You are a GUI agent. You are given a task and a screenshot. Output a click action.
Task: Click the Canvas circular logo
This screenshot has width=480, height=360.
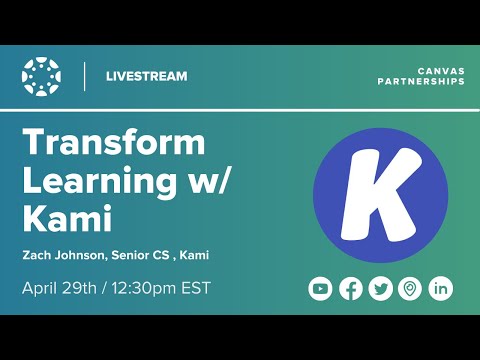click(42, 76)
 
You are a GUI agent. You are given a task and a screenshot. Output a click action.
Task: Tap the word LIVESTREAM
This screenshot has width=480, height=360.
click(146, 76)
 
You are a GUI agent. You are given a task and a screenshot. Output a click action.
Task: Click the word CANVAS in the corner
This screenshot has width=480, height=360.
click(439, 70)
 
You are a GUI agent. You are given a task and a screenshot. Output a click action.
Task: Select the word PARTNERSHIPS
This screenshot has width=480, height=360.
click(420, 82)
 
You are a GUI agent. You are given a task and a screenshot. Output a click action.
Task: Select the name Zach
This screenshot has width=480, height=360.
click(38, 255)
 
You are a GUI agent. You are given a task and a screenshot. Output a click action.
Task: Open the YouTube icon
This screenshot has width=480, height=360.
click(320, 289)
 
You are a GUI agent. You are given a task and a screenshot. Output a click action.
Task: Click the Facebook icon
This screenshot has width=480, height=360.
click(350, 289)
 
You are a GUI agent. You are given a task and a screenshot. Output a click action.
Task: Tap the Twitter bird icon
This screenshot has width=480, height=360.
click(380, 289)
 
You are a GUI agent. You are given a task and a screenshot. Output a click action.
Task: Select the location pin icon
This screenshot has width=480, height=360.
click(409, 289)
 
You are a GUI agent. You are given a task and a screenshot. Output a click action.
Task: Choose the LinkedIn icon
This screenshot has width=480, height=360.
click(440, 289)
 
